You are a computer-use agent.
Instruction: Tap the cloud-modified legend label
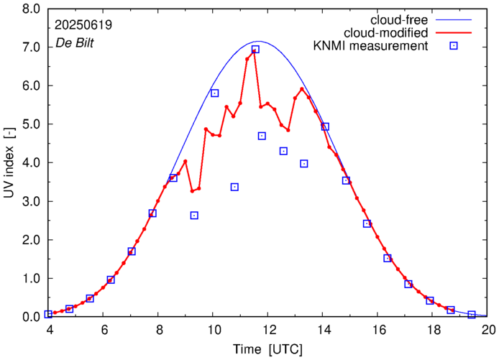point(387,33)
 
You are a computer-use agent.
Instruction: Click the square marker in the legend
point(454,47)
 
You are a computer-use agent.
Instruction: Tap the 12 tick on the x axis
point(269,331)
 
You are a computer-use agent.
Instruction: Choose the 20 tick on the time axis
point(489,331)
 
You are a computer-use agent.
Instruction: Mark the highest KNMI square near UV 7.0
point(255,49)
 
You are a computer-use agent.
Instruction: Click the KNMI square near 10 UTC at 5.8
point(214,93)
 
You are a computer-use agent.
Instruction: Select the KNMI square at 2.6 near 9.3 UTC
point(194,216)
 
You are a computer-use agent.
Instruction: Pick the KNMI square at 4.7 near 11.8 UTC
point(262,136)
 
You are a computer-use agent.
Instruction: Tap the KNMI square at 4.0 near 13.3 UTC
point(304,164)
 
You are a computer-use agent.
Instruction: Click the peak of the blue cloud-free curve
point(258,41)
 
